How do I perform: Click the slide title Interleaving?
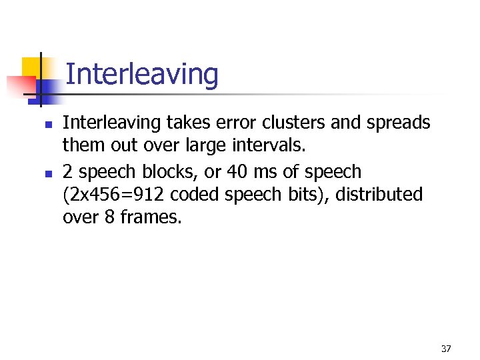(142, 75)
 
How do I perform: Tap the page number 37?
(446, 349)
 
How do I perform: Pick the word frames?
(150, 217)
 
